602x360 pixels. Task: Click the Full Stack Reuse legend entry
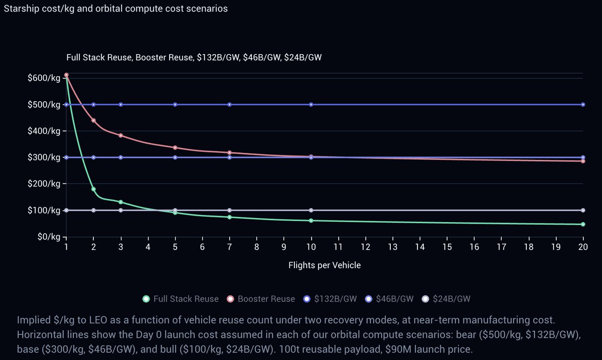[181, 299]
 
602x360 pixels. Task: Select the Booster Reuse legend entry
[261, 299]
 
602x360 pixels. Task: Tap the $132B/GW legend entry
[331, 299]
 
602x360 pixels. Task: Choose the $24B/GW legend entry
[446, 299]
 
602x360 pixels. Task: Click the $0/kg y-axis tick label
[48, 237]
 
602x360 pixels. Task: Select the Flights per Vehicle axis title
[324, 265]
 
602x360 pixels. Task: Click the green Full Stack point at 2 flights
[93, 189]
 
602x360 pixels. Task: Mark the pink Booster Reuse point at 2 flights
[93, 120]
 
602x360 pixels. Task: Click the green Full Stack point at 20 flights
[583, 224]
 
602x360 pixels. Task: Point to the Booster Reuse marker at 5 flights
[175, 147]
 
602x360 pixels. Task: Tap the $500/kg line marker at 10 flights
[311, 104]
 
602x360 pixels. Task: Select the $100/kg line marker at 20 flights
[583, 210]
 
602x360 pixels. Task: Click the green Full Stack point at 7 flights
[229, 217]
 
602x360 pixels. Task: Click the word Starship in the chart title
[20, 10]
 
